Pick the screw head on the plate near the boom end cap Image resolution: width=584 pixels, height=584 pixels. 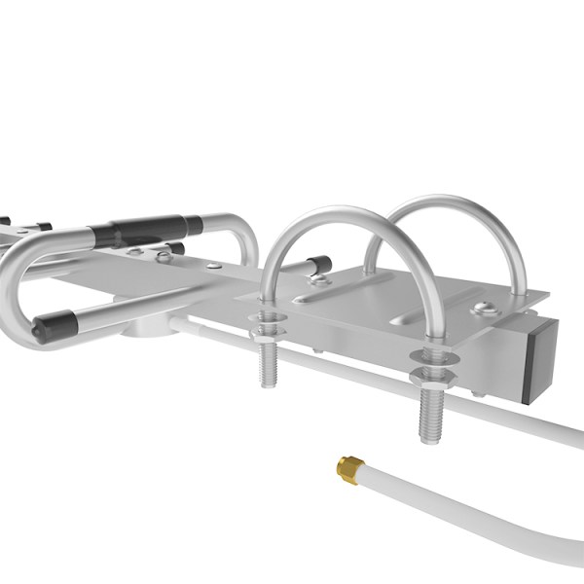(x=484, y=310)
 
